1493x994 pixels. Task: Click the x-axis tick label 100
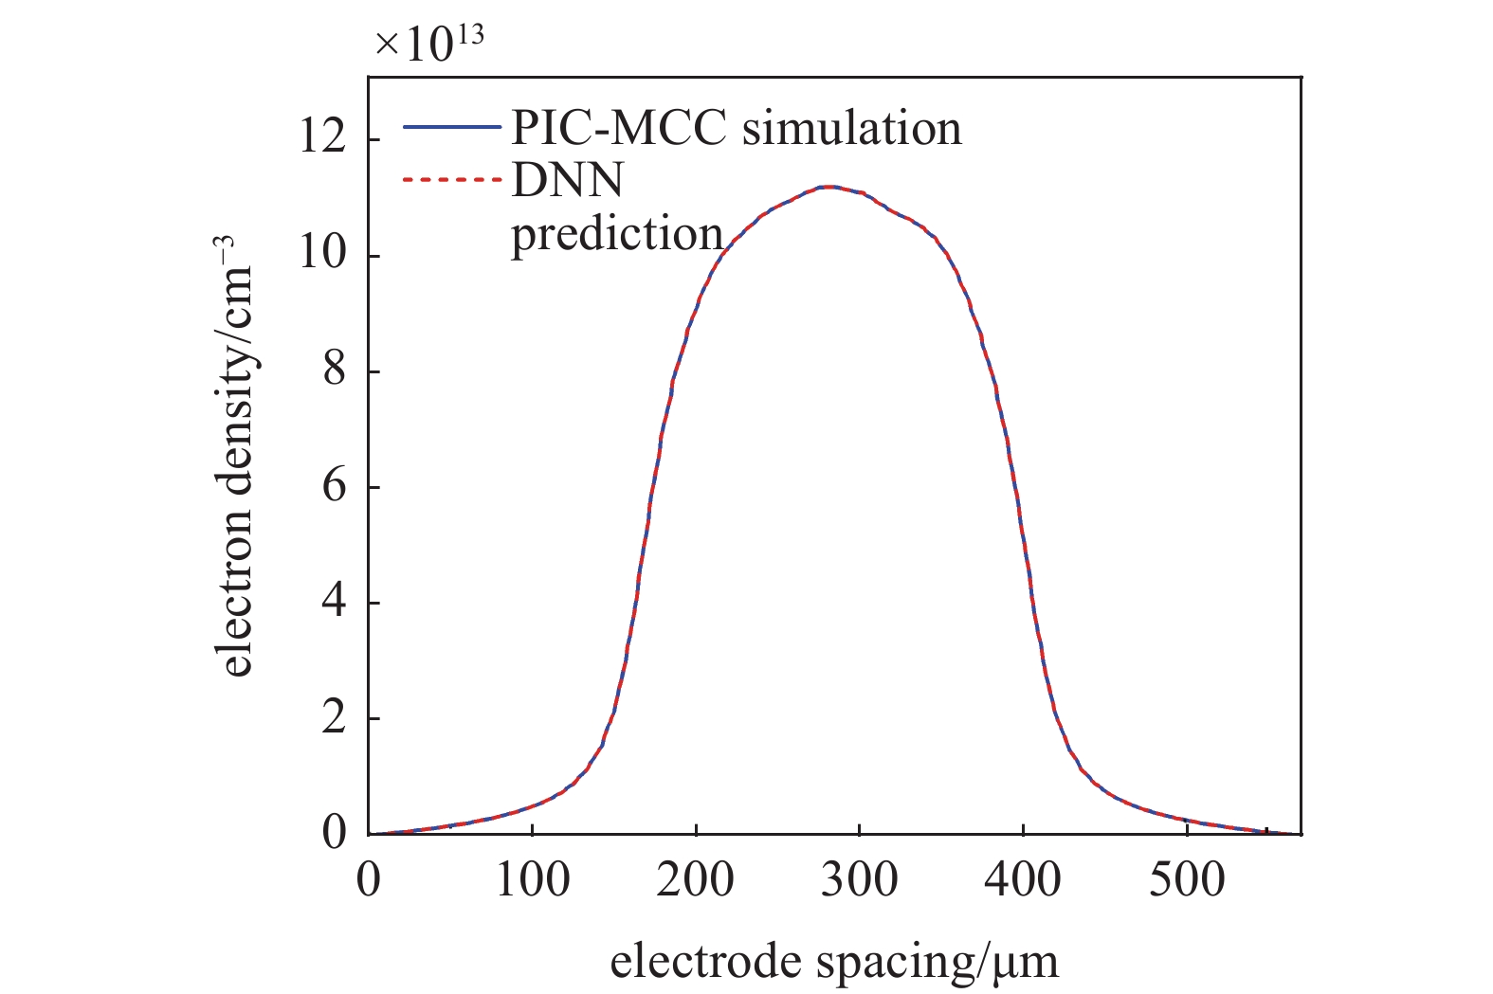pos(532,880)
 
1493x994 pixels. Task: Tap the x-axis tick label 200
pos(695,880)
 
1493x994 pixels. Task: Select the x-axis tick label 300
pos(859,880)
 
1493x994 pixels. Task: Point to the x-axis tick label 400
pos(1022,880)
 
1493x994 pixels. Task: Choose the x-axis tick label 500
pos(1186,880)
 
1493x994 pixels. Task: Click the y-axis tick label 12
pos(322,140)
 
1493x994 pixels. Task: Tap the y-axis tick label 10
pos(322,256)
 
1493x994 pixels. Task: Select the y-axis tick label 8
pos(334,371)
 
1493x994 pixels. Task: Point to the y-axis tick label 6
pos(334,487)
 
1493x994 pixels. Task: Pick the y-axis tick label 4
pos(334,603)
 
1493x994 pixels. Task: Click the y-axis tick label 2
pos(334,718)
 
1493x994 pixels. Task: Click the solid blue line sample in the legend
pos(451,127)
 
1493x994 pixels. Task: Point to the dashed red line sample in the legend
pos(451,178)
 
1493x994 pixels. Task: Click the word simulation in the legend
pos(851,128)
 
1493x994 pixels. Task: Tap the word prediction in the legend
pos(617,233)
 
